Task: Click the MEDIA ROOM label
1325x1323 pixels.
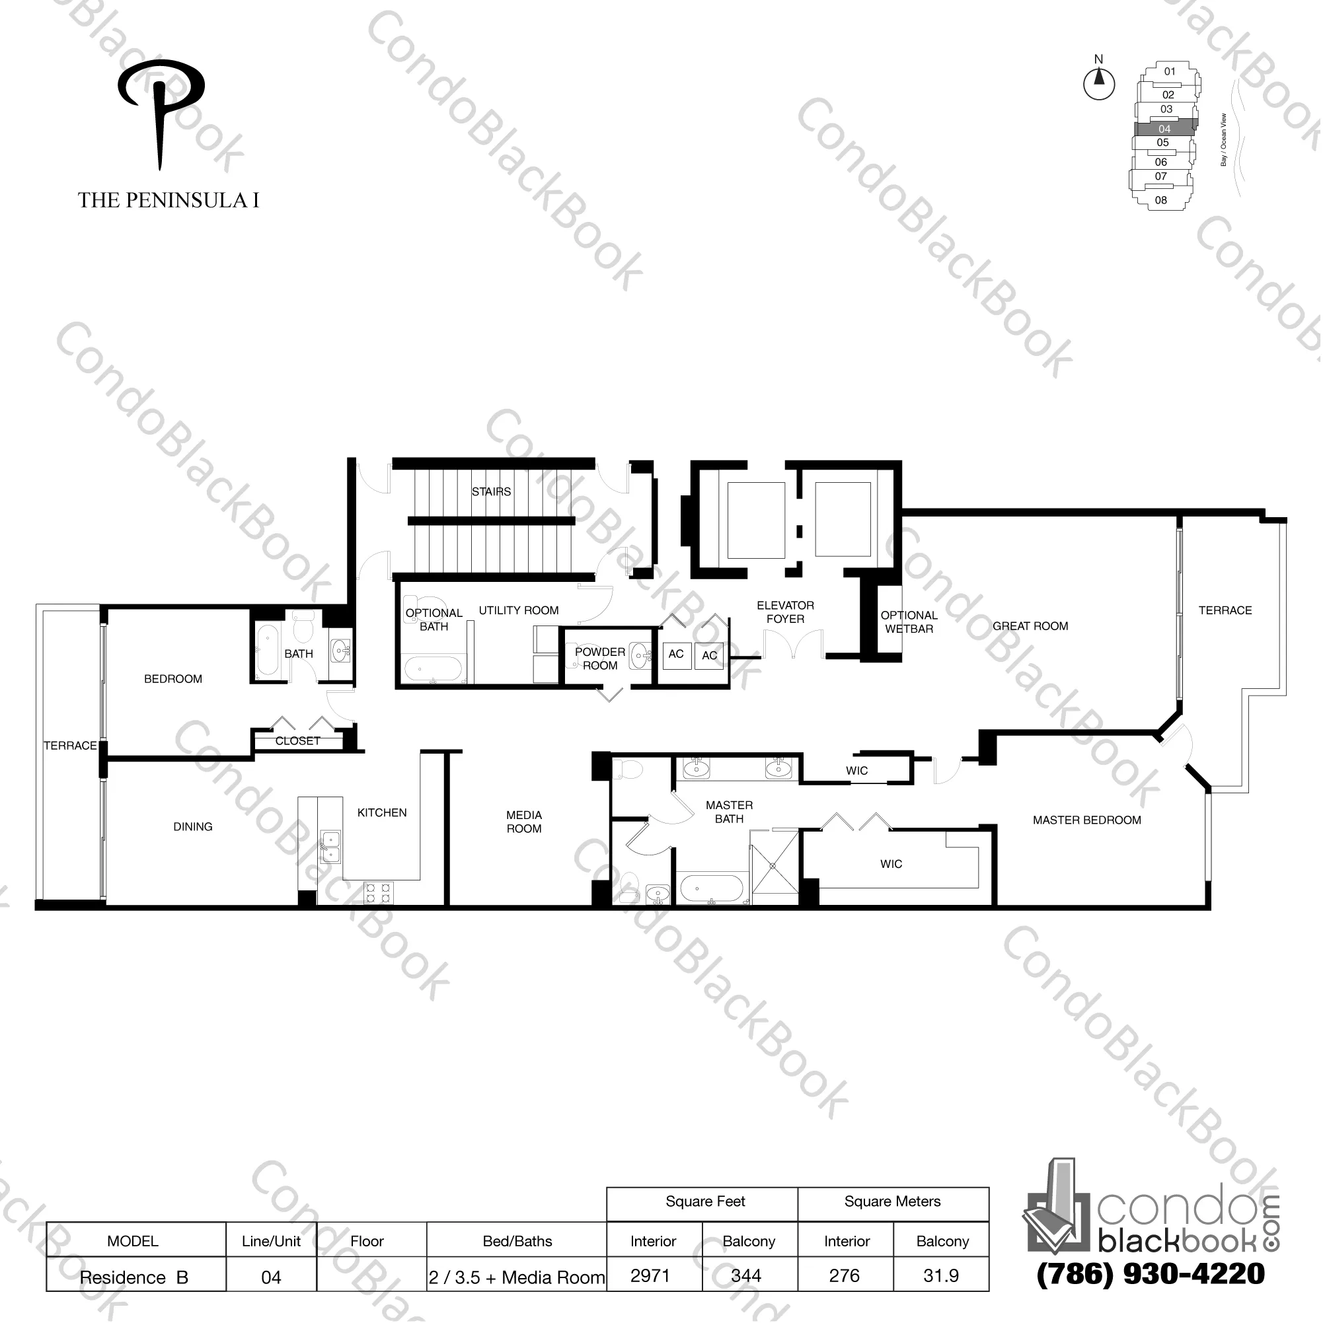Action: pos(524,821)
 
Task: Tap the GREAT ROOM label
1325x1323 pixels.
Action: pos(1030,626)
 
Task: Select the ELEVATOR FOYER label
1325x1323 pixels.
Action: pos(785,612)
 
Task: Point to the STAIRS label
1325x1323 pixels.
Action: pos(491,491)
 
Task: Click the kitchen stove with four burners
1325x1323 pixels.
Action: pos(378,892)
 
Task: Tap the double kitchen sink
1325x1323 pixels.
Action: pos(331,846)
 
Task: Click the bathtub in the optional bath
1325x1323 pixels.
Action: pos(433,669)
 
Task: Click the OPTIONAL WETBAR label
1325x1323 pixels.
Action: pos(908,622)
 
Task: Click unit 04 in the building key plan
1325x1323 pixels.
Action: pos(1164,129)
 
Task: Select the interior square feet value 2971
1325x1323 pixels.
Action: pos(650,1275)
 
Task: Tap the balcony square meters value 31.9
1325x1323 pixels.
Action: pos(941,1275)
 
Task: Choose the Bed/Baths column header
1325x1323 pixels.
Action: pos(517,1241)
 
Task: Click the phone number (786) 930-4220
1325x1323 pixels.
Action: pos(1150,1274)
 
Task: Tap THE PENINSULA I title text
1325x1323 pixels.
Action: pos(169,200)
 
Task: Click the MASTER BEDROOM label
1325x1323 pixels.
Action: pos(1086,820)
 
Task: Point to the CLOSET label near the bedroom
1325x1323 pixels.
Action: pos(297,741)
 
